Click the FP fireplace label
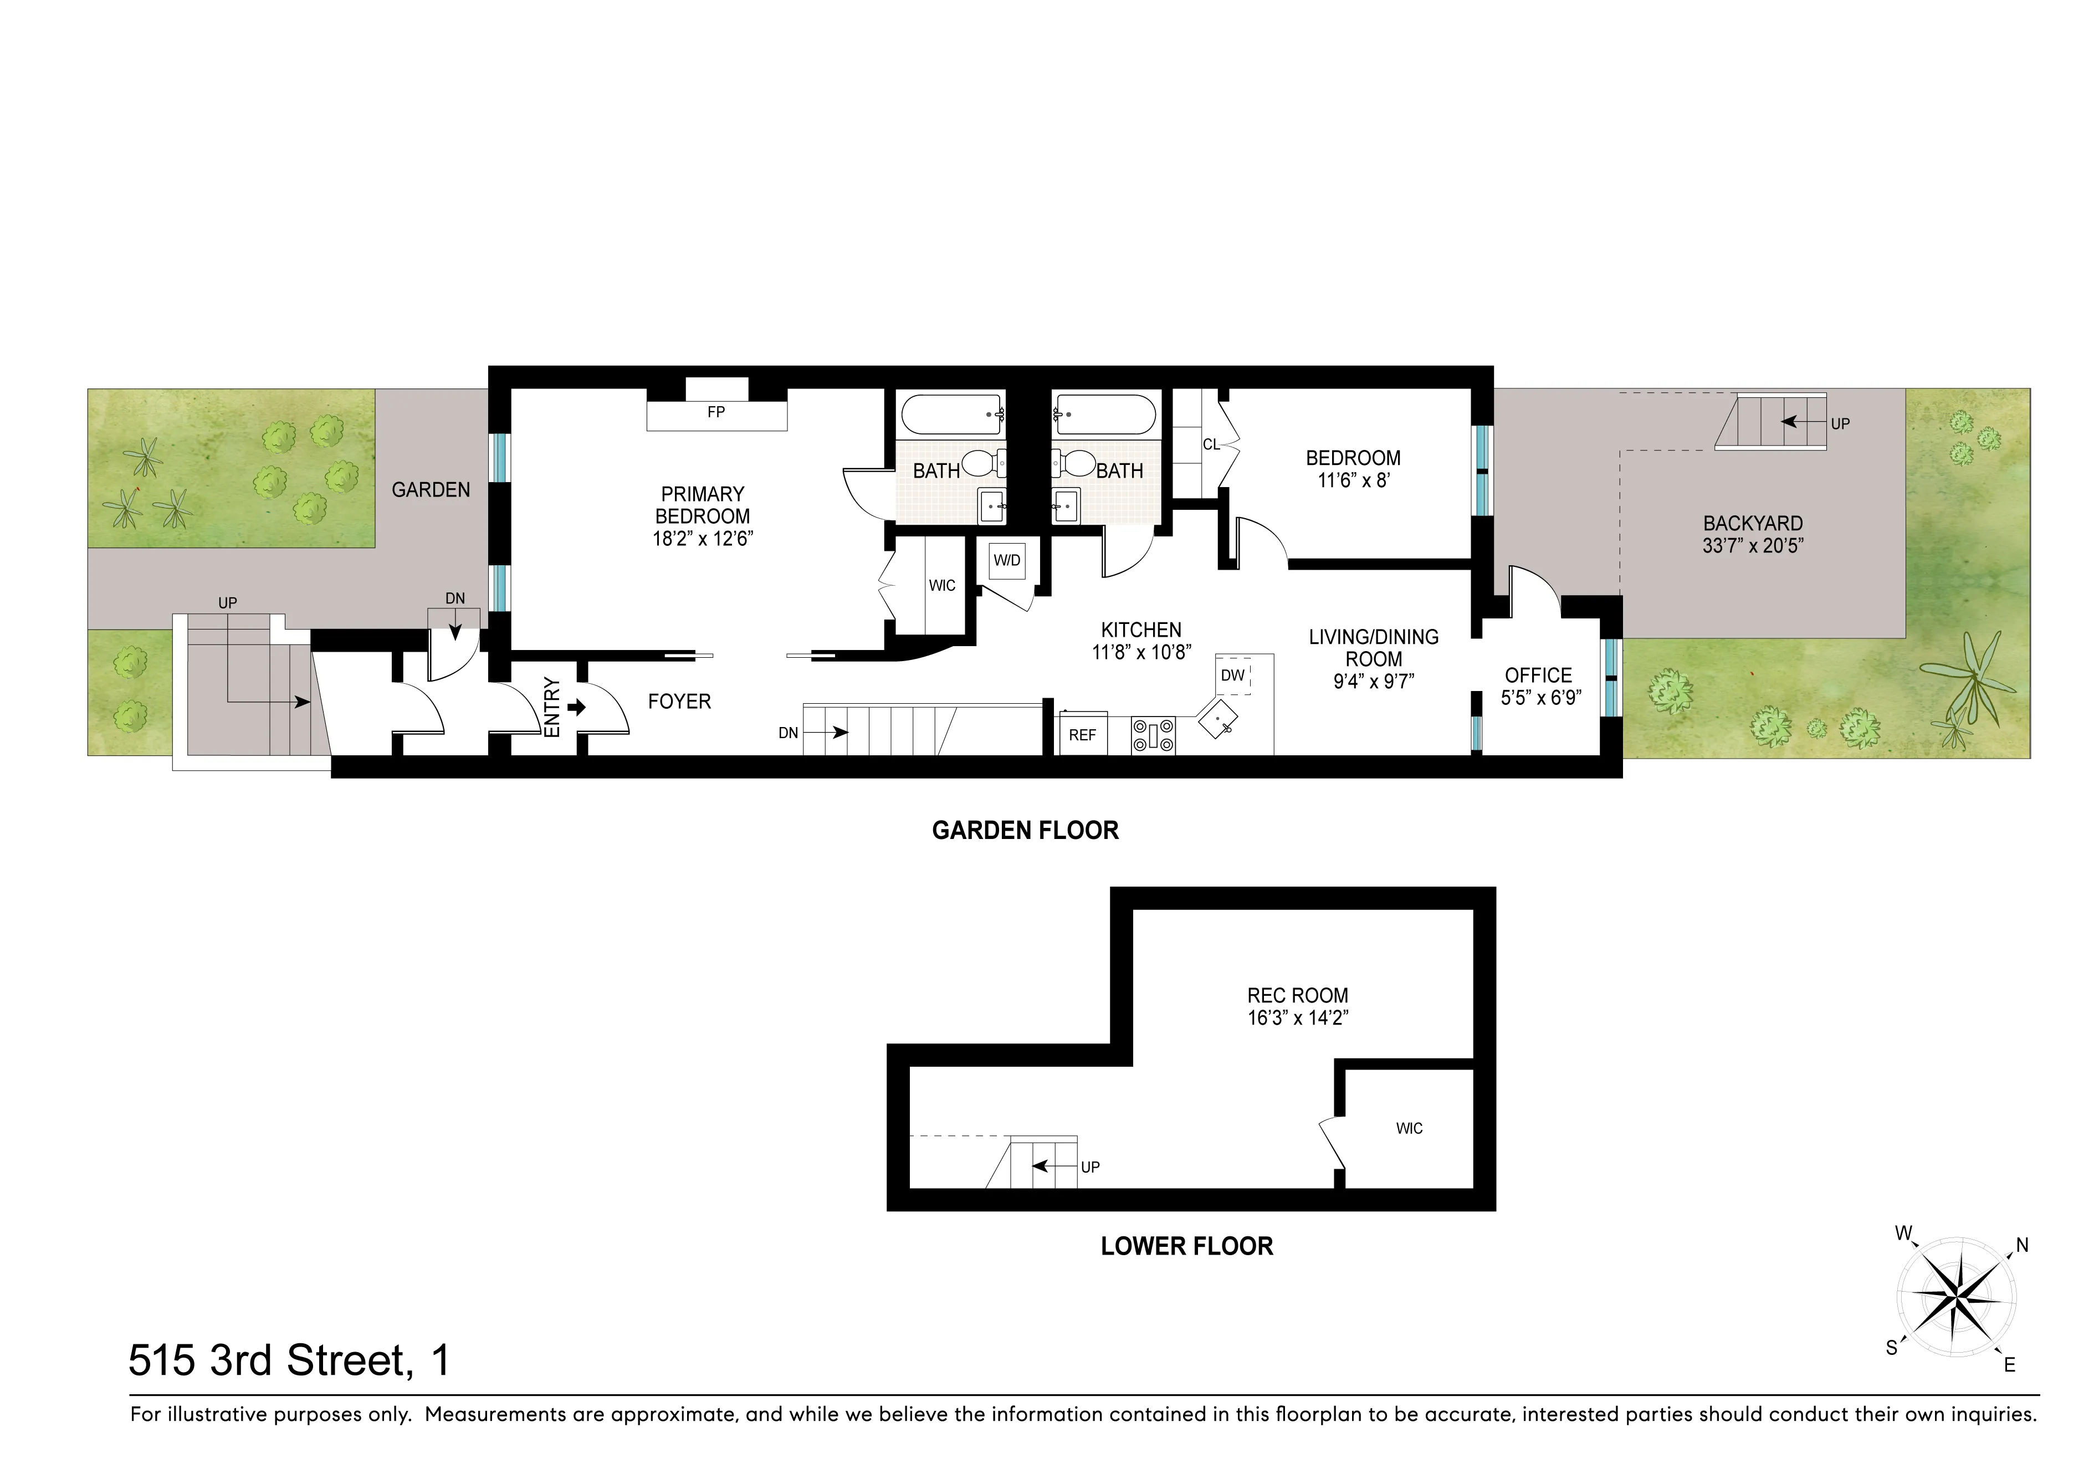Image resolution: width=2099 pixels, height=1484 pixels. [x=716, y=412]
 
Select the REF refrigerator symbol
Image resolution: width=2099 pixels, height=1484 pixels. [x=1082, y=735]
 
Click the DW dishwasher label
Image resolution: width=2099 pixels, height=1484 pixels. [x=1232, y=676]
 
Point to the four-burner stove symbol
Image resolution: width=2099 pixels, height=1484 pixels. [x=1153, y=735]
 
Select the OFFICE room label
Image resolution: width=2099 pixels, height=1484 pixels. [x=1539, y=675]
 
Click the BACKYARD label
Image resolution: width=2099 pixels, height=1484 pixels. [x=1753, y=524]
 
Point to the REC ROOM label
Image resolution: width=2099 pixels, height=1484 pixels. [x=1297, y=995]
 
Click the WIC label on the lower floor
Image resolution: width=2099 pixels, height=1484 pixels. [x=1409, y=1128]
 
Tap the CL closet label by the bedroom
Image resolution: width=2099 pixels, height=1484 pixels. [x=1210, y=444]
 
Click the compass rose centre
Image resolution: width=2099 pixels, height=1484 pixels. [x=1955, y=1296]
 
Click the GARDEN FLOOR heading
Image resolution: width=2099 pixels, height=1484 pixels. [x=1025, y=830]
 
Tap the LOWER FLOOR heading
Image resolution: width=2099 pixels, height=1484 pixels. [x=1186, y=1246]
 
